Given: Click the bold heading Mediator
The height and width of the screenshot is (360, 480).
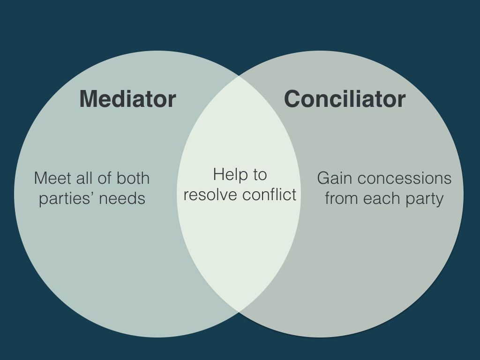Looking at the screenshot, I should [127, 99].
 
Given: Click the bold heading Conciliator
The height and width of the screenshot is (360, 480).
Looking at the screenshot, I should [345, 99].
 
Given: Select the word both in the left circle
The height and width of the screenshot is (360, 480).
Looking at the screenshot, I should [133, 178].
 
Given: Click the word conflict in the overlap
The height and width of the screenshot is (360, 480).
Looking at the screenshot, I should [269, 195].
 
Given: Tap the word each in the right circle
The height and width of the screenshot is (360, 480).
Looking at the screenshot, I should [378, 199].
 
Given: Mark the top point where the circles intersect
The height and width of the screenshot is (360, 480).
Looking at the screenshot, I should [239, 75].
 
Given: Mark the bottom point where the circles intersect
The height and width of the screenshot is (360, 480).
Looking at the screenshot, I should [239, 312].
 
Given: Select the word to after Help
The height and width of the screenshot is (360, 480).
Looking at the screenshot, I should [260, 175].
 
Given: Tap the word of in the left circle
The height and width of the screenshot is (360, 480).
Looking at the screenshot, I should [105, 178].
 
